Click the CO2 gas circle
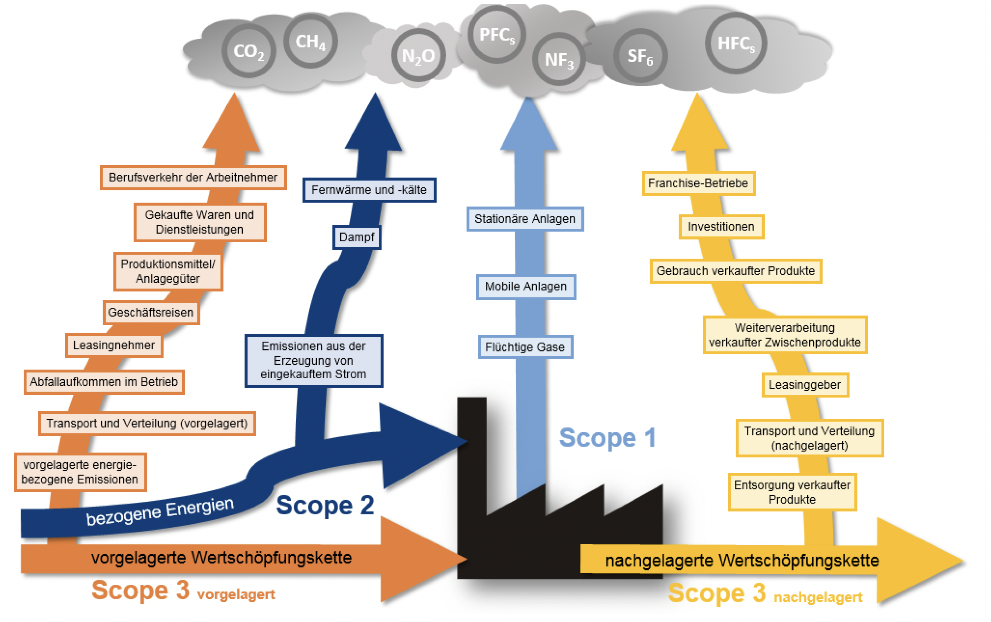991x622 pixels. point(249,51)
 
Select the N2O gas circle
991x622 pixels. point(418,55)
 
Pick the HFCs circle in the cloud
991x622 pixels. point(735,43)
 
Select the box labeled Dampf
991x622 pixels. point(357,237)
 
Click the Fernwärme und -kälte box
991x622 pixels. point(369,190)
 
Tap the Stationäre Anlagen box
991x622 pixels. point(525,219)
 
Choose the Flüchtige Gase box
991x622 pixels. point(525,347)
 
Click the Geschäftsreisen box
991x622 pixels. point(151,313)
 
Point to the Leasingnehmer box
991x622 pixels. point(114,346)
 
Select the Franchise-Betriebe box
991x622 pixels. point(698,183)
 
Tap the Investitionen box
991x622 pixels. point(721,227)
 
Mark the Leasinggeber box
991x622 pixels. point(805,385)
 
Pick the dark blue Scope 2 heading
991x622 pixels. point(325,505)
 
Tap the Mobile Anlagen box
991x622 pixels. point(526,287)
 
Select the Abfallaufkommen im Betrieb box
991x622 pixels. point(104,382)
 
